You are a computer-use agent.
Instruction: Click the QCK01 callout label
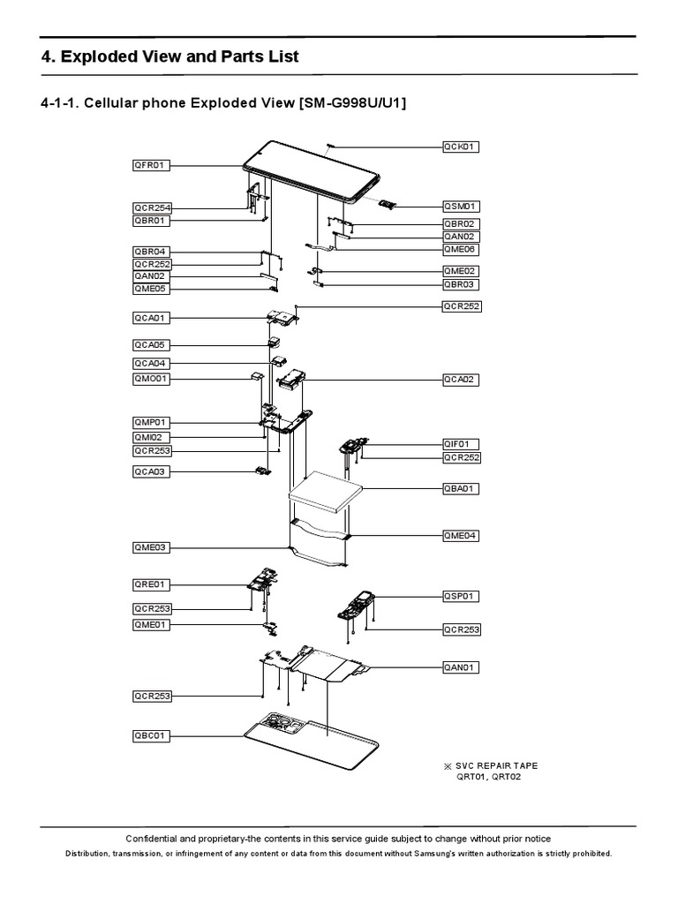pyautogui.click(x=461, y=147)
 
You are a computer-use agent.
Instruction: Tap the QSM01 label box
pyautogui.click(x=461, y=206)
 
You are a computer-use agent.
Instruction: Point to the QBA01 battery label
pyautogui.click(x=461, y=488)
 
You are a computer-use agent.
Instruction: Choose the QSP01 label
pyautogui.click(x=461, y=596)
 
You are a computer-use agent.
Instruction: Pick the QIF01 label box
pyautogui.click(x=461, y=443)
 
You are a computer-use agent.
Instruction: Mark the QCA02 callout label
pyautogui.click(x=461, y=379)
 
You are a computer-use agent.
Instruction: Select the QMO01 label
pyautogui.click(x=152, y=379)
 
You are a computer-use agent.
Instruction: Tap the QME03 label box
pyautogui.click(x=152, y=548)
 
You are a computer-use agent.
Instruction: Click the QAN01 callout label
pyautogui.click(x=461, y=667)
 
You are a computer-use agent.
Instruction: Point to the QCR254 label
pyautogui.click(x=152, y=208)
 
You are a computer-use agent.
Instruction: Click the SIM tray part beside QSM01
pyautogui.click(x=386, y=205)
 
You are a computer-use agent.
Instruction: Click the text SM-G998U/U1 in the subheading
pyautogui.click(x=353, y=104)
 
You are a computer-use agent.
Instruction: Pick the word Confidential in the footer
pyautogui.click(x=155, y=839)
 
